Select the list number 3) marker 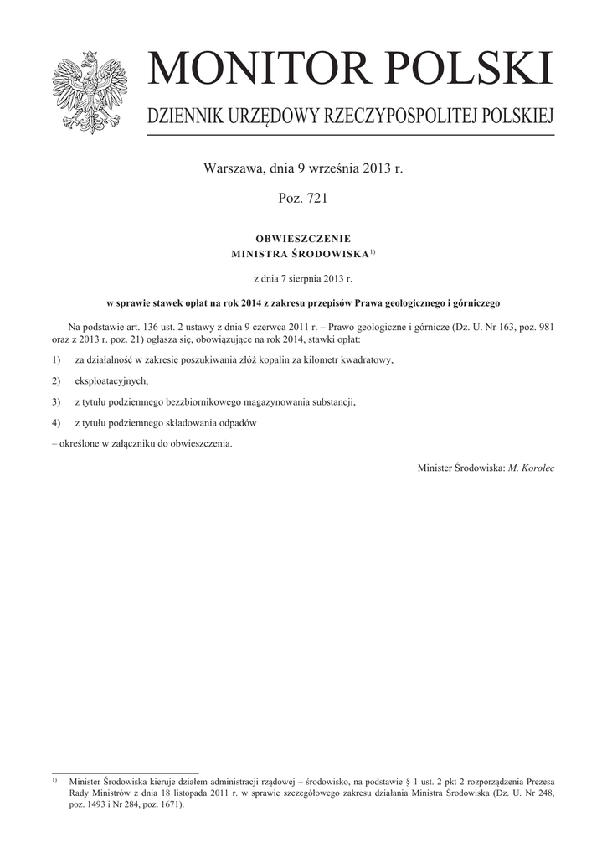coord(56,401)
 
